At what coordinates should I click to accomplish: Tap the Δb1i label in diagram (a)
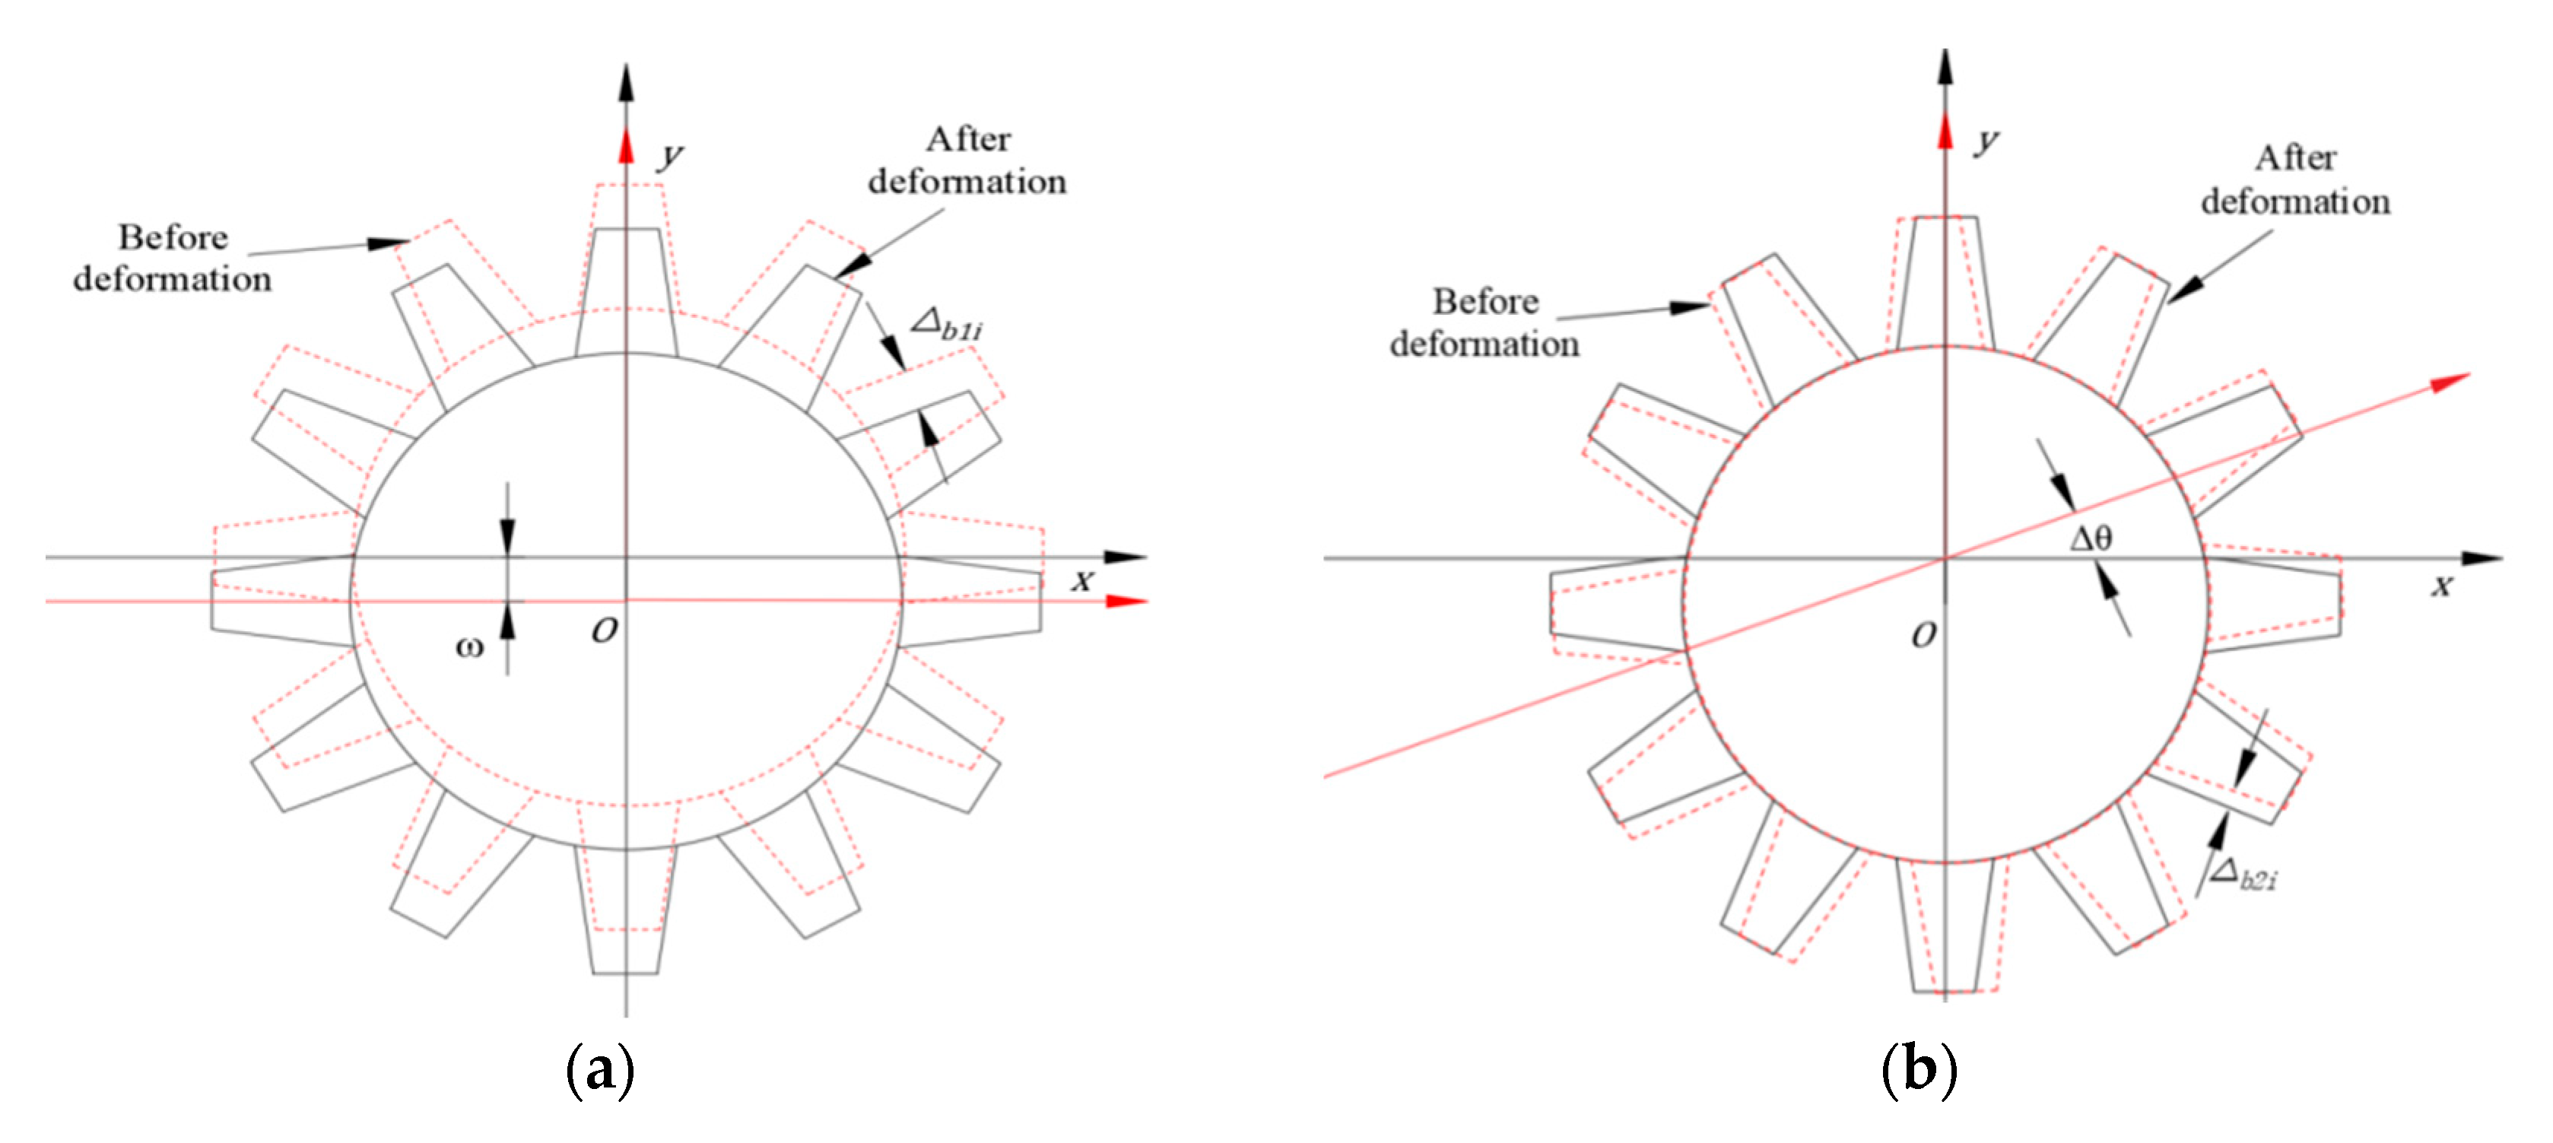pyautogui.click(x=947, y=323)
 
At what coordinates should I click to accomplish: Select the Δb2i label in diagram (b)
pyautogui.click(x=2243, y=875)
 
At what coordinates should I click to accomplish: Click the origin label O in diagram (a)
pyautogui.click(x=605, y=630)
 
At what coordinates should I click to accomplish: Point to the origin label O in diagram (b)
pyautogui.click(x=1923, y=636)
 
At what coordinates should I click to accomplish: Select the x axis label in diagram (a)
pyautogui.click(x=1082, y=581)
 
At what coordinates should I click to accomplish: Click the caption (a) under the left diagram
pyautogui.click(x=599, y=1071)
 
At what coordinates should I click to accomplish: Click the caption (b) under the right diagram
pyautogui.click(x=1919, y=1071)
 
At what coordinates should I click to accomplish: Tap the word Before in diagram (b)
pyautogui.click(x=1485, y=301)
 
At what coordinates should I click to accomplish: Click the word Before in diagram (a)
pyautogui.click(x=173, y=238)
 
